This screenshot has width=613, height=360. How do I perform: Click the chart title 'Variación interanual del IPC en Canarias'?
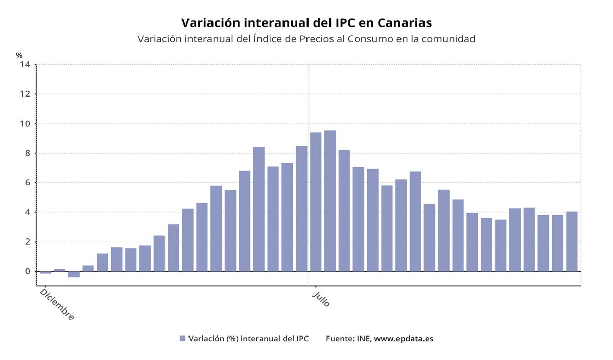pos(306,23)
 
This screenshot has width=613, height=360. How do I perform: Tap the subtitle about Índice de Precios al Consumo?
pos(306,39)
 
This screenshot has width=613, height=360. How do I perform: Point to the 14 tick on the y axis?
pos(25,64)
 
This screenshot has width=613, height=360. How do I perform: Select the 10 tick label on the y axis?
pos(25,124)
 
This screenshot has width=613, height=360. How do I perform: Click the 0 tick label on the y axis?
pos(27,271)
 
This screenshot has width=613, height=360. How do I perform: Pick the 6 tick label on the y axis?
pos(27,183)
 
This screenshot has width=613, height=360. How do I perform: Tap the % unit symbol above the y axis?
pos(19,55)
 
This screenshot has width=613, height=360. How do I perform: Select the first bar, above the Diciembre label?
pos(45,272)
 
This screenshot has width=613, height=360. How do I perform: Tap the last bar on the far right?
pos(572,242)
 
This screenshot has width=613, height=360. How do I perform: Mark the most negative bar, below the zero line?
pos(74,274)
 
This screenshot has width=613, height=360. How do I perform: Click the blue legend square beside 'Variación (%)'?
pos(182,338)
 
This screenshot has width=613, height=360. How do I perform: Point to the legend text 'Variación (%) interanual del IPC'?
pos(248,338)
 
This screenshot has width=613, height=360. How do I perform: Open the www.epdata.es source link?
pos(404,338)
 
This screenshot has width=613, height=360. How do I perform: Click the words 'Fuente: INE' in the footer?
pos(348,338)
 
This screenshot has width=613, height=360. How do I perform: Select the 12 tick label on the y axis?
pos(25,94)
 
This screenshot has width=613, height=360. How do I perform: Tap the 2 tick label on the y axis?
pos(27,242)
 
